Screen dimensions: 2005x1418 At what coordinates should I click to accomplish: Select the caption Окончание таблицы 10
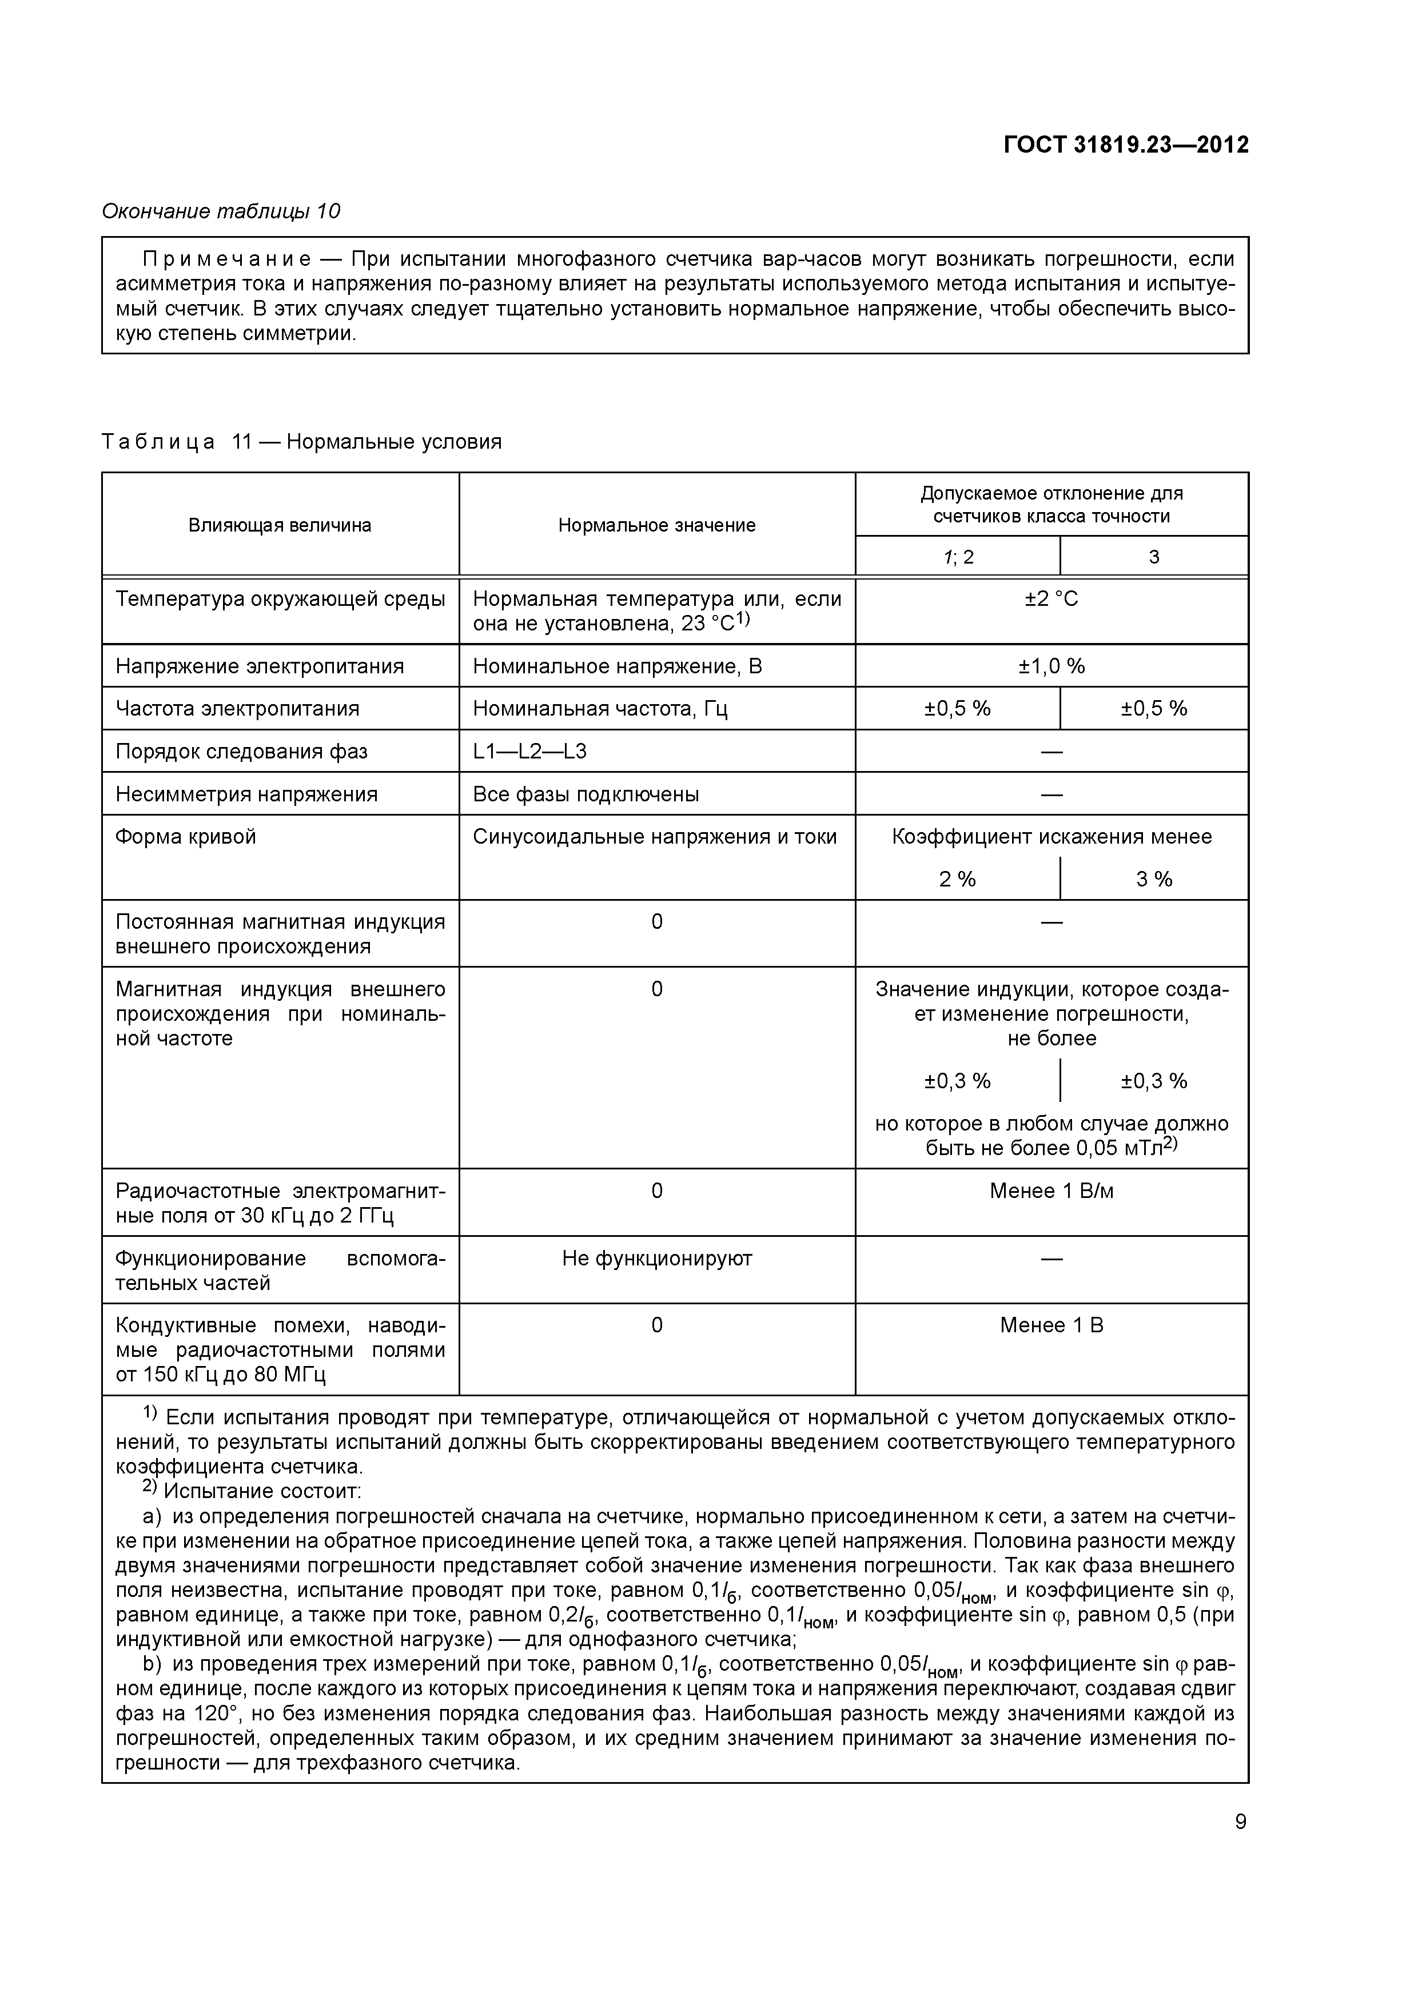pyautogui.click(x=221, y=211)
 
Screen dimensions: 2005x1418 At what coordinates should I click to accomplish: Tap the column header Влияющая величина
pyautogui.click(x=280, y=525)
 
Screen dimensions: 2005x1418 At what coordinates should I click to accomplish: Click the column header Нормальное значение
pyautogui.click(x=656, y=525)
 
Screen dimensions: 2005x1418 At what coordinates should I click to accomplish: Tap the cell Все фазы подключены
pyautogui.click(x=585, y=794)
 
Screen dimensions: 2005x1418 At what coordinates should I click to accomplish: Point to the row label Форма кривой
pyautogui.click(x=186, y=837)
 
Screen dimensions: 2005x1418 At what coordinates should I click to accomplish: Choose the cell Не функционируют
pyautogui.click(x=656, y=1259)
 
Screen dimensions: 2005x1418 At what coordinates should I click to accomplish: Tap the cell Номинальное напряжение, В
pyautogui.click(x=617, y=666)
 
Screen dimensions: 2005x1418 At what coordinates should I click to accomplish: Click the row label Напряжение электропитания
pyautogui.click(x=260, y=666)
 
